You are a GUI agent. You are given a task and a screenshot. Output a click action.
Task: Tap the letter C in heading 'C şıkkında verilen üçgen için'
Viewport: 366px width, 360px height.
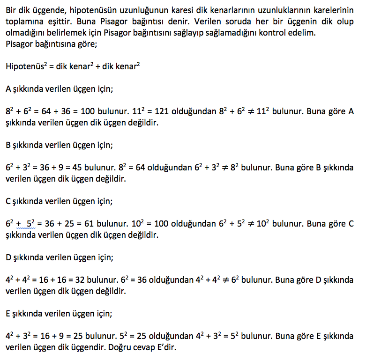[x=8, y=201]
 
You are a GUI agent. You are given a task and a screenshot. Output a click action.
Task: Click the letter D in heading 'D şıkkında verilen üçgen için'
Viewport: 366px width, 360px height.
[x=8, y=257]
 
